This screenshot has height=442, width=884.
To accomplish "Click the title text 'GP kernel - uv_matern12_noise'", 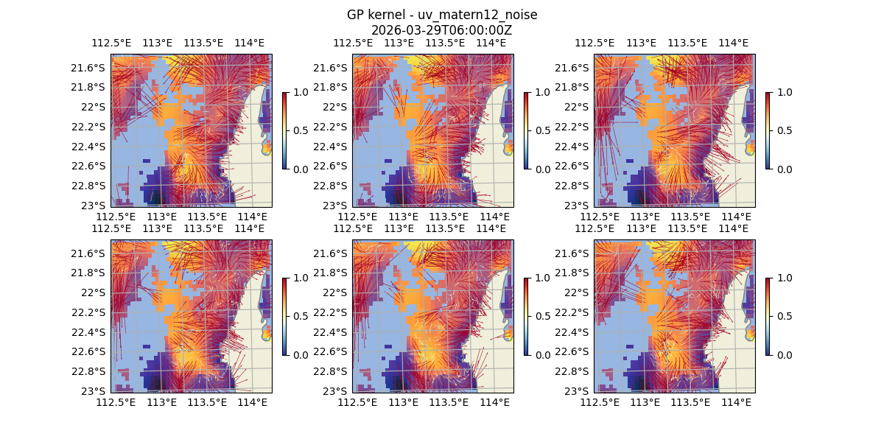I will (441, 15).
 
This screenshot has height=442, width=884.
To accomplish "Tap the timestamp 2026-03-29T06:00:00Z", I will (441, 30).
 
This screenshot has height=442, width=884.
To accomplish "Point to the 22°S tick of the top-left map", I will (94, 107).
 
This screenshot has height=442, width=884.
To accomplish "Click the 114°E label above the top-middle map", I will (491, 43).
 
